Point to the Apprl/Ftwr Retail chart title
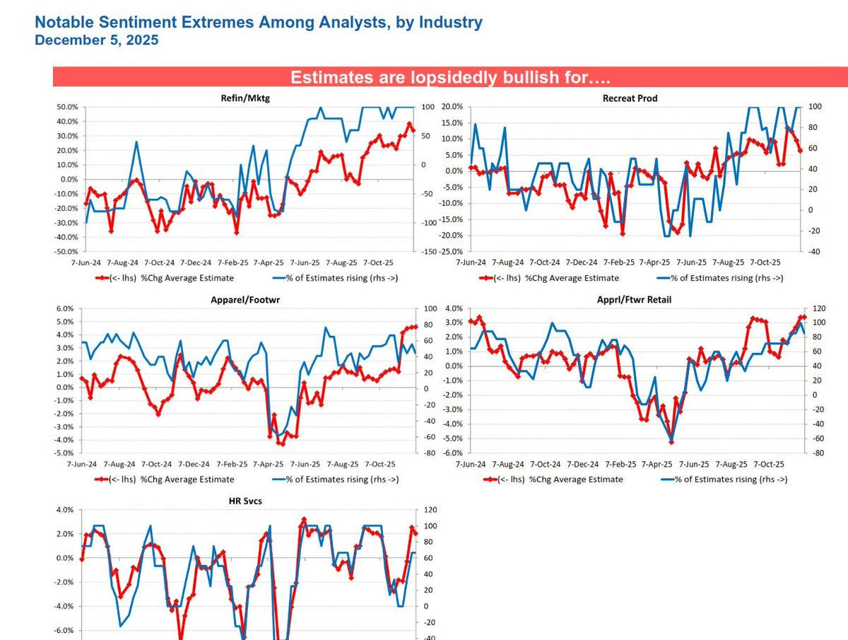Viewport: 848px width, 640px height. point(634,300)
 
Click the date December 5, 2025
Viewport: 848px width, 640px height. point(96,40)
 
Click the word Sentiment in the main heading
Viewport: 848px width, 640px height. point(141,22)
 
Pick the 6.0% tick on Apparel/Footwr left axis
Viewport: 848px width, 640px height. point(64,309)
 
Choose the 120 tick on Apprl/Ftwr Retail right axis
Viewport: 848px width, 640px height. point(812,309)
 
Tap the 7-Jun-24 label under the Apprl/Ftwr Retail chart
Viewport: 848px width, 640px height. point(471,465)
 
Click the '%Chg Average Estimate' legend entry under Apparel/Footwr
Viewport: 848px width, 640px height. point(187,479)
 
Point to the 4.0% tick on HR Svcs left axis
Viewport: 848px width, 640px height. point(64,510)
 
